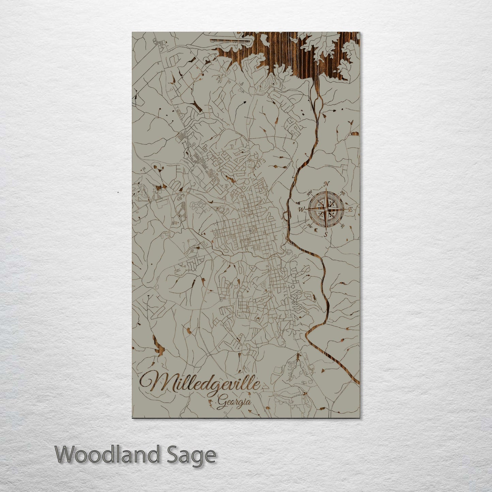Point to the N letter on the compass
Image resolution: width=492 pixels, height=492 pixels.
327,184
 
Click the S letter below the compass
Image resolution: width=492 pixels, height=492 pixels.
326,235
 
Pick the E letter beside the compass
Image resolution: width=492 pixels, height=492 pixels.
349,210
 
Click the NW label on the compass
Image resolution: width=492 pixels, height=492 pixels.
310,193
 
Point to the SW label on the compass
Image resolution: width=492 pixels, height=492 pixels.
310,225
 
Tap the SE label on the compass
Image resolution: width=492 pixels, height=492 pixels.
343,225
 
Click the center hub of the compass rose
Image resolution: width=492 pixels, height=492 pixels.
326,209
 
